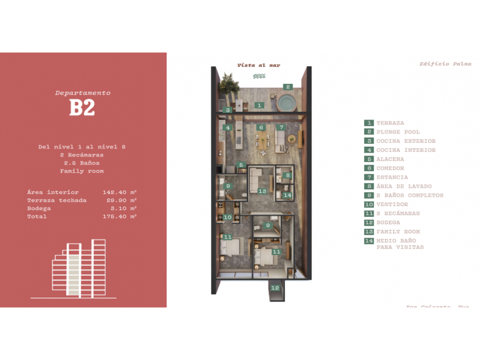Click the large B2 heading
tap(82, 107)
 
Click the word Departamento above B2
tap(83, 93)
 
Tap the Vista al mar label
tap(258, 65)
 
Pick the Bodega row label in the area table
tap(38, 209)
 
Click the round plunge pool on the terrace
tap(286, 103)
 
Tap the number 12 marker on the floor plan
tap(275, 288)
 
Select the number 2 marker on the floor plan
tap(289, 87)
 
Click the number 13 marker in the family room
tap(262, 191)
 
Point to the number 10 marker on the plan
tap(227, 217)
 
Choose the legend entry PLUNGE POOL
tap(398, 132)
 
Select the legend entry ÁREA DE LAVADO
tap(403, 186)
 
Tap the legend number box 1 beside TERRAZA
tap(369, 123)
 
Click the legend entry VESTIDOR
tap(392, 205)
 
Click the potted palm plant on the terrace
tap(230, 83)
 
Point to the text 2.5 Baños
tap(82, 163)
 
